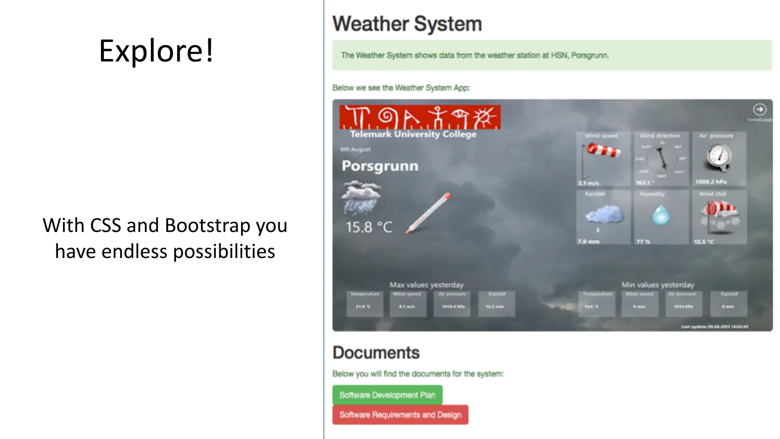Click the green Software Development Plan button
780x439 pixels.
[387, 395]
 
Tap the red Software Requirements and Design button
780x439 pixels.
[400, 415]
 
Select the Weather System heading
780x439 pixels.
[407, 24]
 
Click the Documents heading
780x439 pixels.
[376, 352]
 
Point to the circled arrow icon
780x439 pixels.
[759, 110]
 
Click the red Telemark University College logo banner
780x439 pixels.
[420, 117]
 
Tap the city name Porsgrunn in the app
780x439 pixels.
[380, 166]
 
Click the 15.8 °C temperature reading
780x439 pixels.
[369, 227]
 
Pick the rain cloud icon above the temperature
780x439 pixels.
[361, 197]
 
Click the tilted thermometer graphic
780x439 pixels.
[428, 213]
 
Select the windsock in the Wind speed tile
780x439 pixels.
[603, 150]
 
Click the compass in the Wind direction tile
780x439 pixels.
[662, 158]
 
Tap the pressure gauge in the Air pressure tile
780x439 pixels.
[719, 157]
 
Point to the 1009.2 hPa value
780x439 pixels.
[710, 182]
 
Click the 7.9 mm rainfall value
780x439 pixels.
[588, 242]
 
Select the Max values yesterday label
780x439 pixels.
[426, 285]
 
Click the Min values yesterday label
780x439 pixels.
[658, 285]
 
